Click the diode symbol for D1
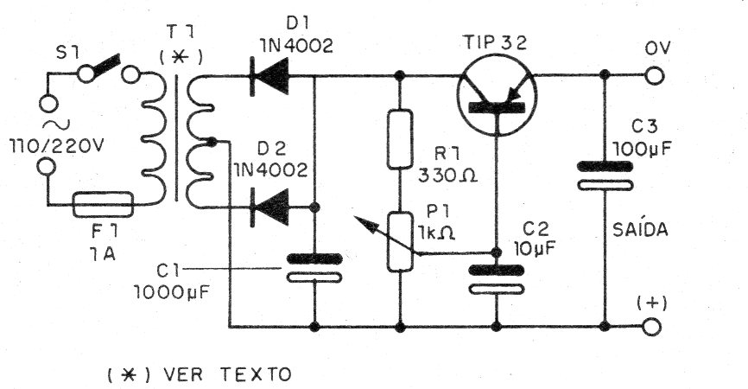point(269,75)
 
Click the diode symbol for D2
point(269,207)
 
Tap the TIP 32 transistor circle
point(497,95)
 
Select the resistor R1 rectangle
point(400,139)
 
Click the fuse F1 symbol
point(103,204)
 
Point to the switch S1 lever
point(106,67)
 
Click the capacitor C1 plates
point(314,268)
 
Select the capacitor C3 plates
point(605,175)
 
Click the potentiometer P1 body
point(400,242)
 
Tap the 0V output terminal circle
point(655,75)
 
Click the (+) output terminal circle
point(651,328)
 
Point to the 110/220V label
point(56,147)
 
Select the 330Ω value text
point(447,176)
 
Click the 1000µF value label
point(171,292)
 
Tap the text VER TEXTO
point(227,374)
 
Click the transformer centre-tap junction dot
point(212,141)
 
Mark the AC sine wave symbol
point(56,125)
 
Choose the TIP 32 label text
point(495,42)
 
